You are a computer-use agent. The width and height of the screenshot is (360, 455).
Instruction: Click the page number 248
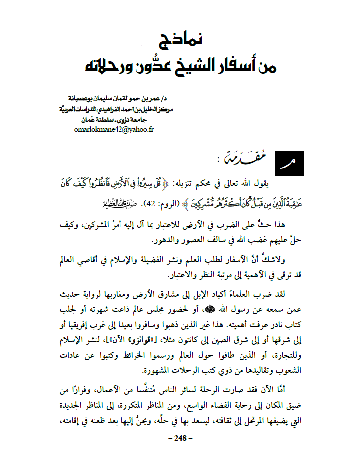180,438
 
